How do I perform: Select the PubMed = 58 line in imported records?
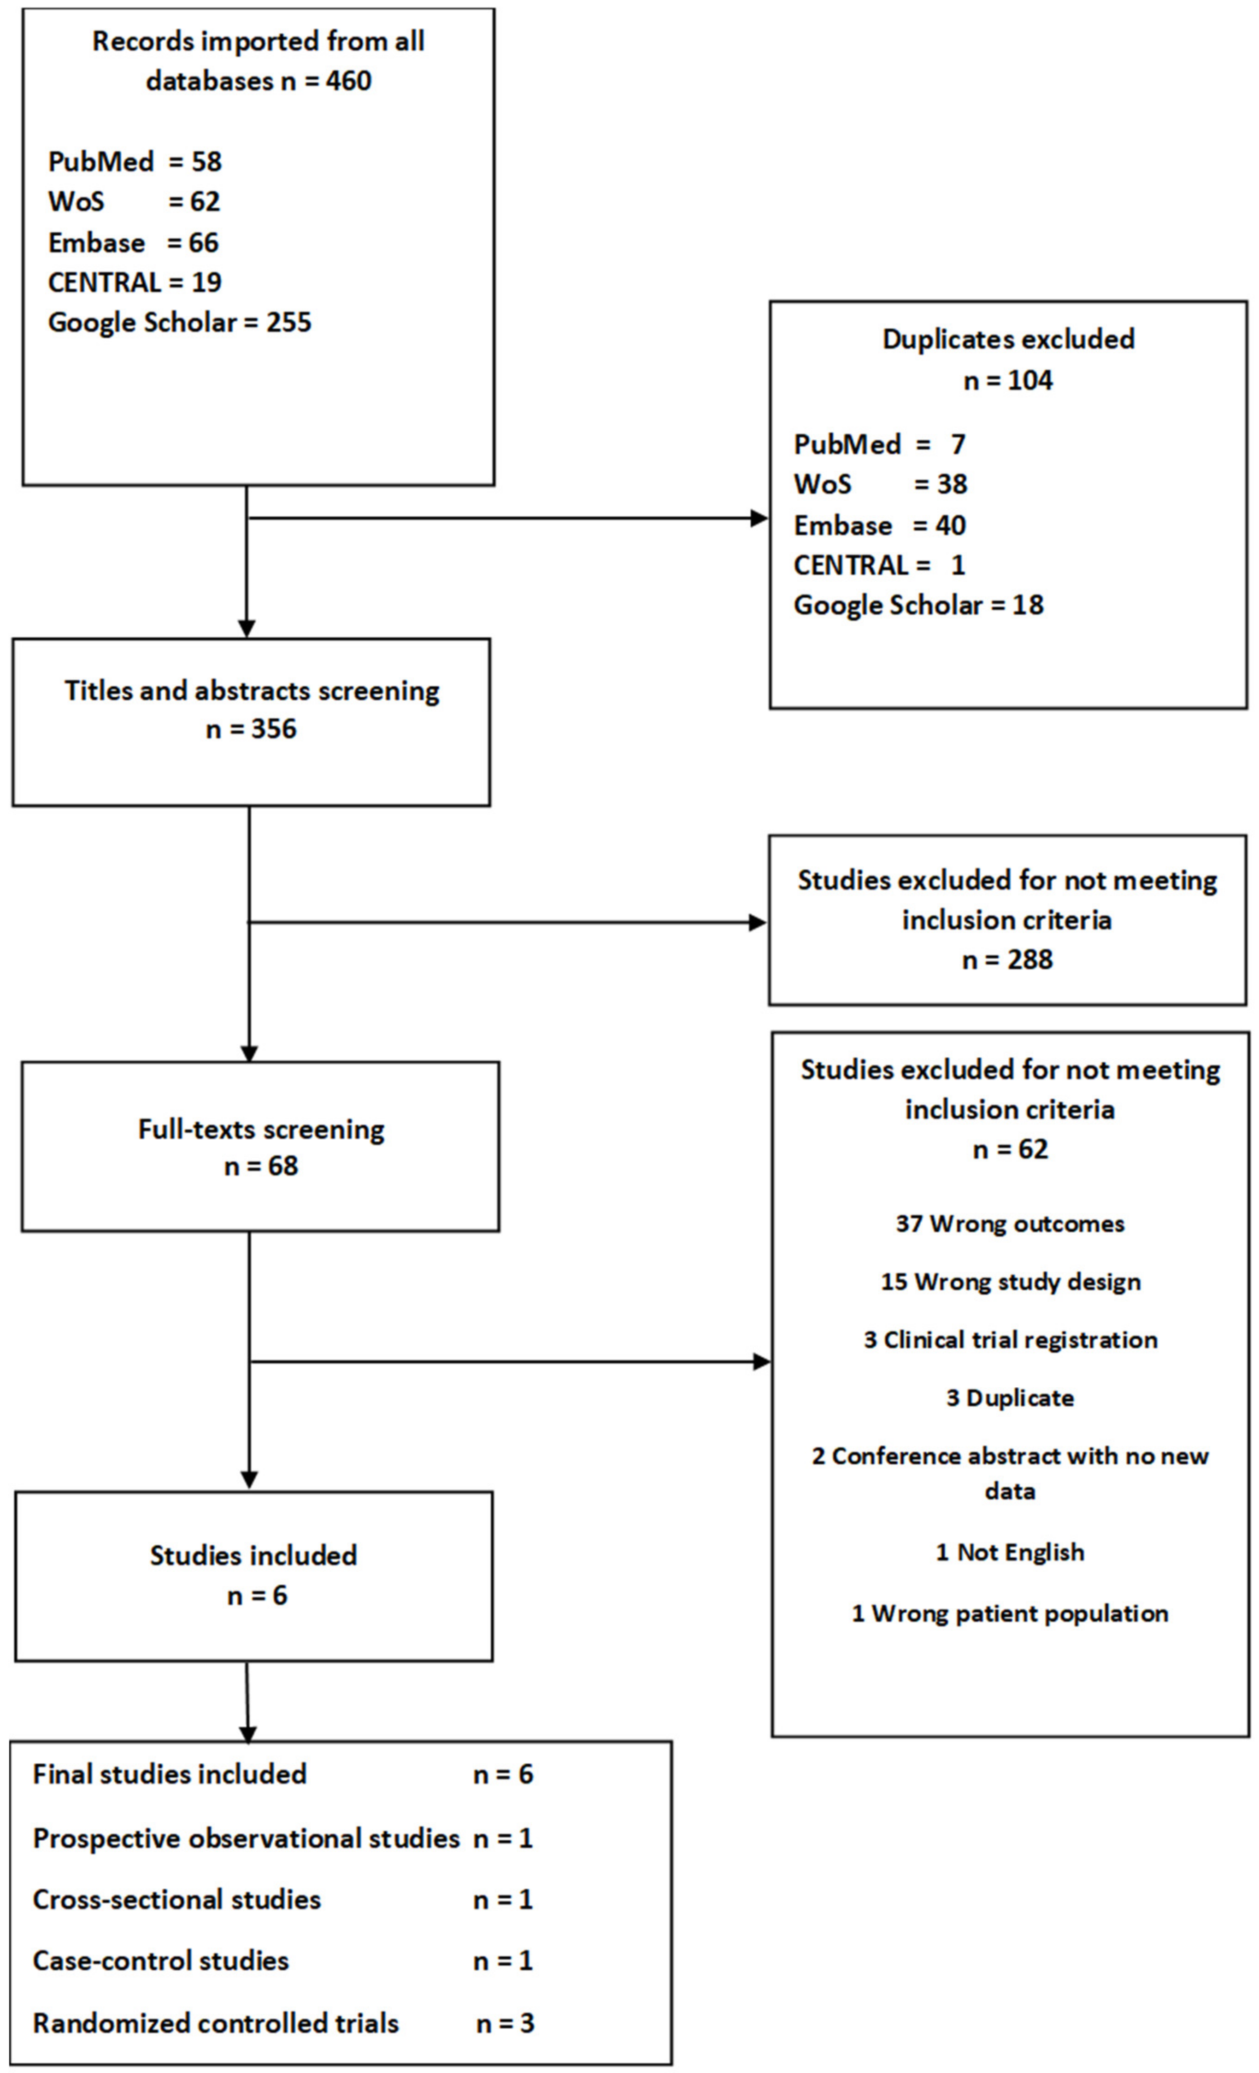[135, 161]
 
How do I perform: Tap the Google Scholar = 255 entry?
[179, 322]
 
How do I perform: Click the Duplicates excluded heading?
[1007, 339]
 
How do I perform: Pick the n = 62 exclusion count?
[1010, 1149]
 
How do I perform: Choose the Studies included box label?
[253, 1555]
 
